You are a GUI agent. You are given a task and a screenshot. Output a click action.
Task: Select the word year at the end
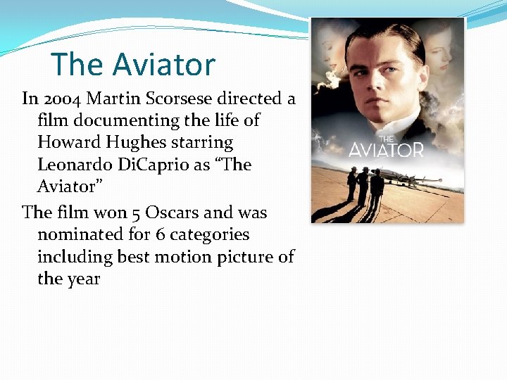(x=84, y=279)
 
